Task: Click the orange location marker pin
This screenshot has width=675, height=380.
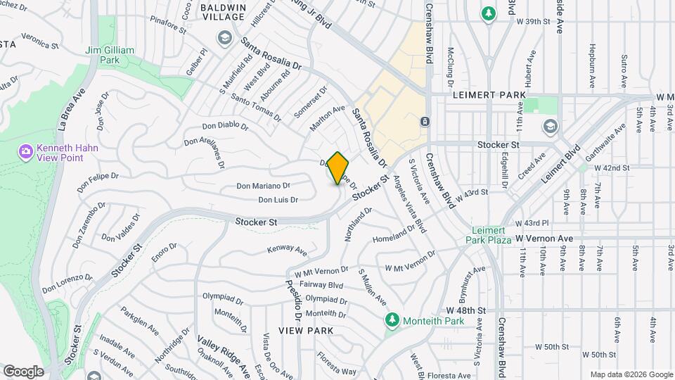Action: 337,167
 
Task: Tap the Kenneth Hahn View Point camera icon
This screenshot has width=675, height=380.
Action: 26,151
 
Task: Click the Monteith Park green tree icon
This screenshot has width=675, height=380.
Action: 392,321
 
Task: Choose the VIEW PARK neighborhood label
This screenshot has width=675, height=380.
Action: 305,330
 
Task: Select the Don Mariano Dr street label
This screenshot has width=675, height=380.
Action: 263,186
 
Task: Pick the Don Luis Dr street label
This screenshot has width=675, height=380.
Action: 278,200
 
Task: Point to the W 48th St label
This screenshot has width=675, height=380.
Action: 466,310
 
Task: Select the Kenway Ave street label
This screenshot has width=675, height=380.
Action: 287,250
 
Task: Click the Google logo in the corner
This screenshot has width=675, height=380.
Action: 23,371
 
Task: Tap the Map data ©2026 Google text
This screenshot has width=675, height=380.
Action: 631,374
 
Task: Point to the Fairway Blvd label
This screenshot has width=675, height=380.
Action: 321,285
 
